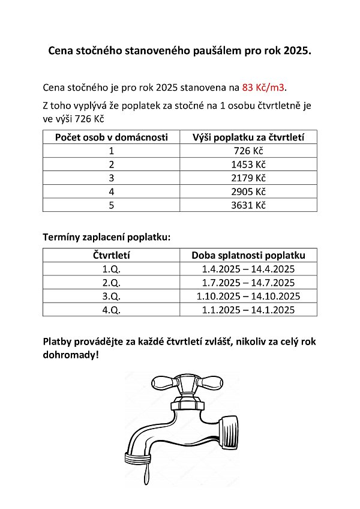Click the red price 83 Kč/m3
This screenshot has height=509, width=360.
coord(264,88)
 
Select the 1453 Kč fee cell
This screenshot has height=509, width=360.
coord(248,164)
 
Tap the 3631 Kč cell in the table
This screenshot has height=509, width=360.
coord(248,205)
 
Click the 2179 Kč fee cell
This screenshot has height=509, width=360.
coord(248,178)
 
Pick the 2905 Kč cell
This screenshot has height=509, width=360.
coord(248,191)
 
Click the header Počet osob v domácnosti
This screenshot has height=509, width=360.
coord(111,137)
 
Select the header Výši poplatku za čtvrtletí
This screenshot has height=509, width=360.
coord(248,137)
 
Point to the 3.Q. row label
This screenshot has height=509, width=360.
coord(112,296)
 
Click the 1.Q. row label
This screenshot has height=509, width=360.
coord(112,269)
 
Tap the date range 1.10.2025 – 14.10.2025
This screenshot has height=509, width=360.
coord(248,296)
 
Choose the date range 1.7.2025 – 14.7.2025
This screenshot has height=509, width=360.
coord(248,283)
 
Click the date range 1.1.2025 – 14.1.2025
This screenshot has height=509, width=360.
coord(248,310)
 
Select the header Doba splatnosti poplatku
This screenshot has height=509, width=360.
coord(248,255)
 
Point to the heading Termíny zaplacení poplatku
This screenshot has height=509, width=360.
coord(107,237)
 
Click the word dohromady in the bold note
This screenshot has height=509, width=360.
coord(68,355)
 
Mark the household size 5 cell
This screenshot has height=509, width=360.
coord(112,205)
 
